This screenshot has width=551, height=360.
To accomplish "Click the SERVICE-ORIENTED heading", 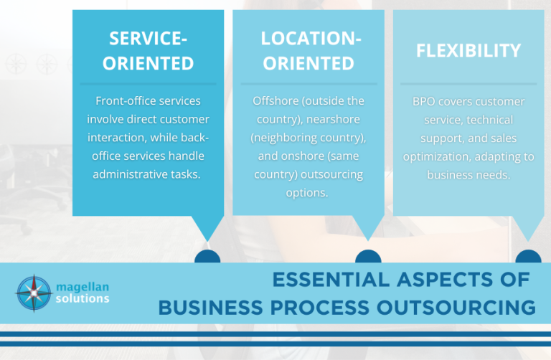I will pyautogui.click(x=148, y=50).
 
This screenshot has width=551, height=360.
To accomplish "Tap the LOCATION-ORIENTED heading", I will pyautogui.click(x=309, y=50).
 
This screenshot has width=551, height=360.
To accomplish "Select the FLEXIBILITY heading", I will pyautogui.click(x=468, y=50).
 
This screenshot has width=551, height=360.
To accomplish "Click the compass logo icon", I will pyautogui.click(x=33, y=293).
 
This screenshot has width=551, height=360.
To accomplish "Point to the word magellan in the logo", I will pyautogui.click(x=83, y=286).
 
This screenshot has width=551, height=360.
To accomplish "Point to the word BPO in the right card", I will pyautogui.click(x=423, y=100).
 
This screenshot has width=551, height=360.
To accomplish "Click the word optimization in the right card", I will pyautogui.click(x=446, y=156).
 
